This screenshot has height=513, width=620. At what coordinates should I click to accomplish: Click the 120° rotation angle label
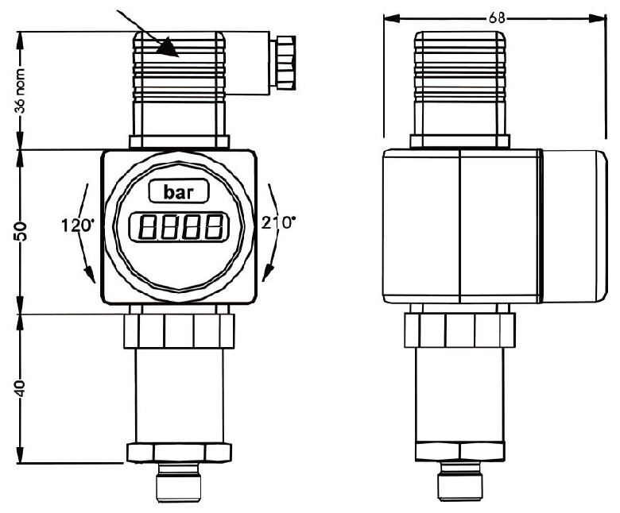78,225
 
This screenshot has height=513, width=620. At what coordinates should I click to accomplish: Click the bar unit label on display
179,192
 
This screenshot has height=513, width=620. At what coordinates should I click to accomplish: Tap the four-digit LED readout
179,229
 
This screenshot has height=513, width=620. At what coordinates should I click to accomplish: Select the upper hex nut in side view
459,330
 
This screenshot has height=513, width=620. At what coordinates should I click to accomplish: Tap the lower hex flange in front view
179,451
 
